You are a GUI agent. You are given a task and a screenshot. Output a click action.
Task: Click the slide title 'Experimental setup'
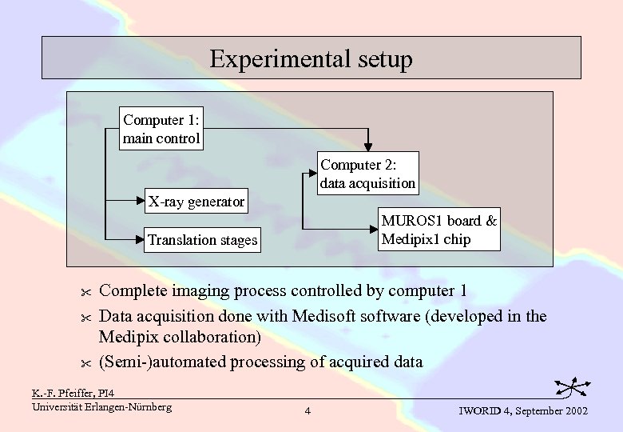point(311,58)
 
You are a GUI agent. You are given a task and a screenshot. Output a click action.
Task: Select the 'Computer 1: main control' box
point(161,129)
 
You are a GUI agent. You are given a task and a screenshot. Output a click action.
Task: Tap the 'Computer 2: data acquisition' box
point(367,174)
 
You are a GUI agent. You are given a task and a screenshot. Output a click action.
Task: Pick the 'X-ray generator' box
point(196,202)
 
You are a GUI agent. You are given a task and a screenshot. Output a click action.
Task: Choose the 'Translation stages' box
point(202,240)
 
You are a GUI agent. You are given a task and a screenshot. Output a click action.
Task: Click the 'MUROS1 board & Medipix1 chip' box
point(438,230)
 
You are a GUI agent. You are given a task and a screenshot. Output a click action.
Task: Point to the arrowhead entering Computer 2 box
point(367,146)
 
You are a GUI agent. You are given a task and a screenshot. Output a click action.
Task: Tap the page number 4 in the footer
point(308,411)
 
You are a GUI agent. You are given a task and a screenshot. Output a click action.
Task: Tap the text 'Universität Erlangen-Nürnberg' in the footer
point(101,406)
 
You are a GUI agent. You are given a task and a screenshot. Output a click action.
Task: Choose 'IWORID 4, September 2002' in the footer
point(523,410)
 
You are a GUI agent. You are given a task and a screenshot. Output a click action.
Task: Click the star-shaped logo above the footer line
point(573,388)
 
